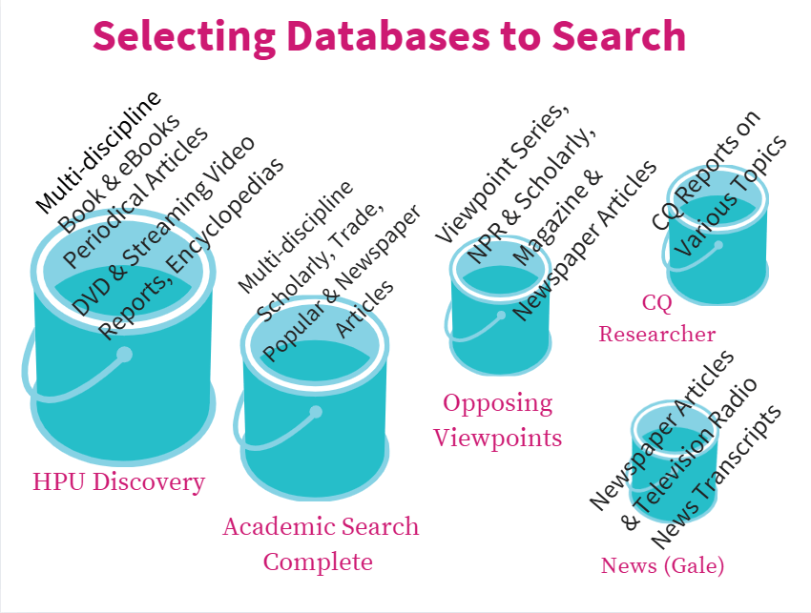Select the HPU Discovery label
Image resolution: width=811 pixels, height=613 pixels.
(x=118, y=481)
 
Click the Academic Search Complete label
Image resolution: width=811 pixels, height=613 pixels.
(x=320, y=543)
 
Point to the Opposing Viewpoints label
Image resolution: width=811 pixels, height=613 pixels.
(x=497, y=419)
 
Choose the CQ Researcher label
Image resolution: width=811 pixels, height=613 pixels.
(x=656, y=318)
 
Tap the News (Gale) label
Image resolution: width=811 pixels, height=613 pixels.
(x=662, y=565)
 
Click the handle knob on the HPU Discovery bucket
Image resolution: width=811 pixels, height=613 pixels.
(x=124, y=356)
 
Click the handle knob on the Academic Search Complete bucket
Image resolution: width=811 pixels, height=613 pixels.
(x=316, y=413)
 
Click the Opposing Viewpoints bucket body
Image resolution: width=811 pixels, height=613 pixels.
(x=496, y=338)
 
